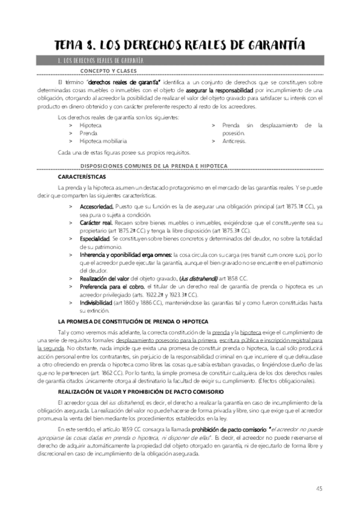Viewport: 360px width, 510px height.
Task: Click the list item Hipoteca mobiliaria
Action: (x=103, y=141)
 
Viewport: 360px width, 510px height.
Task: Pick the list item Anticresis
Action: (x=234, y=141)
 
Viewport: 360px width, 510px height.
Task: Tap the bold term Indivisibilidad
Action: (x=96, y=303)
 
